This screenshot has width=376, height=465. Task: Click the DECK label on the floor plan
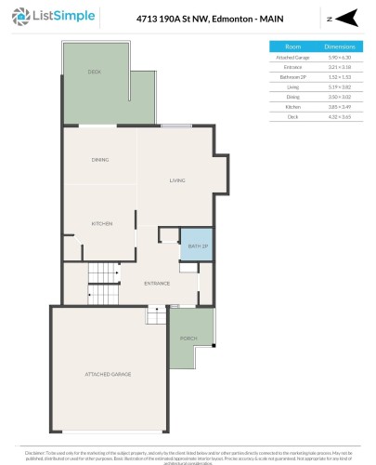[x=94, y=72]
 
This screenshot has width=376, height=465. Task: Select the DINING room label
[x=100, y=160]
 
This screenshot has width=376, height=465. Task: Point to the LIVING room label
[x=178, y=180]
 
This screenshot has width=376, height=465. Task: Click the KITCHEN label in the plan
[x=101, y=224]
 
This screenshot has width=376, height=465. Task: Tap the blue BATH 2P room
[x=196, y=246]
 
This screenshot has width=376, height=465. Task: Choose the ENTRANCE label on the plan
[x=156, y=283]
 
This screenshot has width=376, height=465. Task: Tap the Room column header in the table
[x=292, y=45]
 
